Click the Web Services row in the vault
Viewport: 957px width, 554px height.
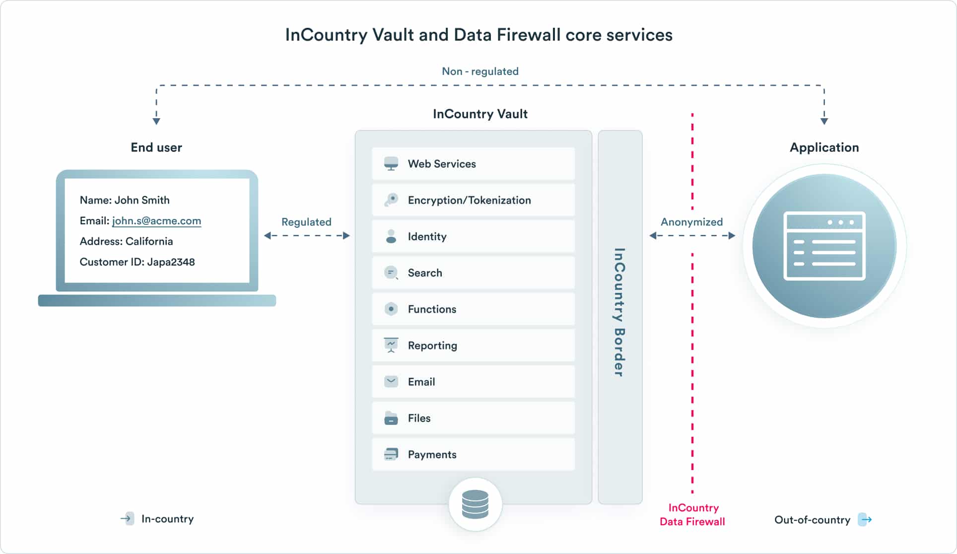click(473, 164)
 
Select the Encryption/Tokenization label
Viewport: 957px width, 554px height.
click(469, 200)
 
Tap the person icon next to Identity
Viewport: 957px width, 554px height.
click(391, 236)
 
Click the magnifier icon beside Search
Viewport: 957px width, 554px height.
click(391, 273)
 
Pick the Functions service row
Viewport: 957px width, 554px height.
click(473, 309)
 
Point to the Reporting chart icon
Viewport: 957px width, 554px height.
click(391, 345)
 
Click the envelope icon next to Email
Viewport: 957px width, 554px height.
click(391, 381)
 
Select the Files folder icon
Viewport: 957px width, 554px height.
click(391, 418)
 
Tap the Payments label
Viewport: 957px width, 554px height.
click(432, 454)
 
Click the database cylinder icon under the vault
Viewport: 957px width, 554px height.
click(475, 504)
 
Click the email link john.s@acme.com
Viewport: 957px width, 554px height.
click(156, 221)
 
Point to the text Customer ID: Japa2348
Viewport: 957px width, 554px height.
click(137, 262)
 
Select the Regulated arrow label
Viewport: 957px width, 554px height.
click(306, 222)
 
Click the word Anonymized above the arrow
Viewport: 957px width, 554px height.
click(691, 222)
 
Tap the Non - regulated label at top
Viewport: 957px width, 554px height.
click(480, 71)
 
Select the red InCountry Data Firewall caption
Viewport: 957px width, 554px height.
click(692, 515)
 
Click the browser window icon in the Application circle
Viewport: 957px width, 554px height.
click(824, 246)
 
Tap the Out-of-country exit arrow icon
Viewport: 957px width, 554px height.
click(865, 520)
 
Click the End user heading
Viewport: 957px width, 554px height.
click(156, 147)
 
